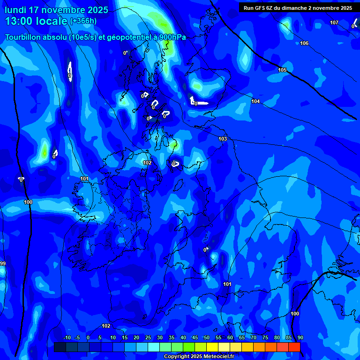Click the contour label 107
coord(334,22)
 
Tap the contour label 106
coord(304,43)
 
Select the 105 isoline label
coord(282,70)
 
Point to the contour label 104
coord(255,101)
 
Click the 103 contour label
coord(223,139)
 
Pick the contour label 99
coord(3,263)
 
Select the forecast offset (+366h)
coord(83,21)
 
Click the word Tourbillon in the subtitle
coord(24,37)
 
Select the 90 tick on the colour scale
coord(300,337)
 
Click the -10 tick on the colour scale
coord(67,337)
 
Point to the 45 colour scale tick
coord(195,337)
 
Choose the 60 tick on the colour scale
coord(230,337)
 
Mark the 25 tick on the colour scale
coord(148,337)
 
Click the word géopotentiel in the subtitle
coord(128,37)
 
